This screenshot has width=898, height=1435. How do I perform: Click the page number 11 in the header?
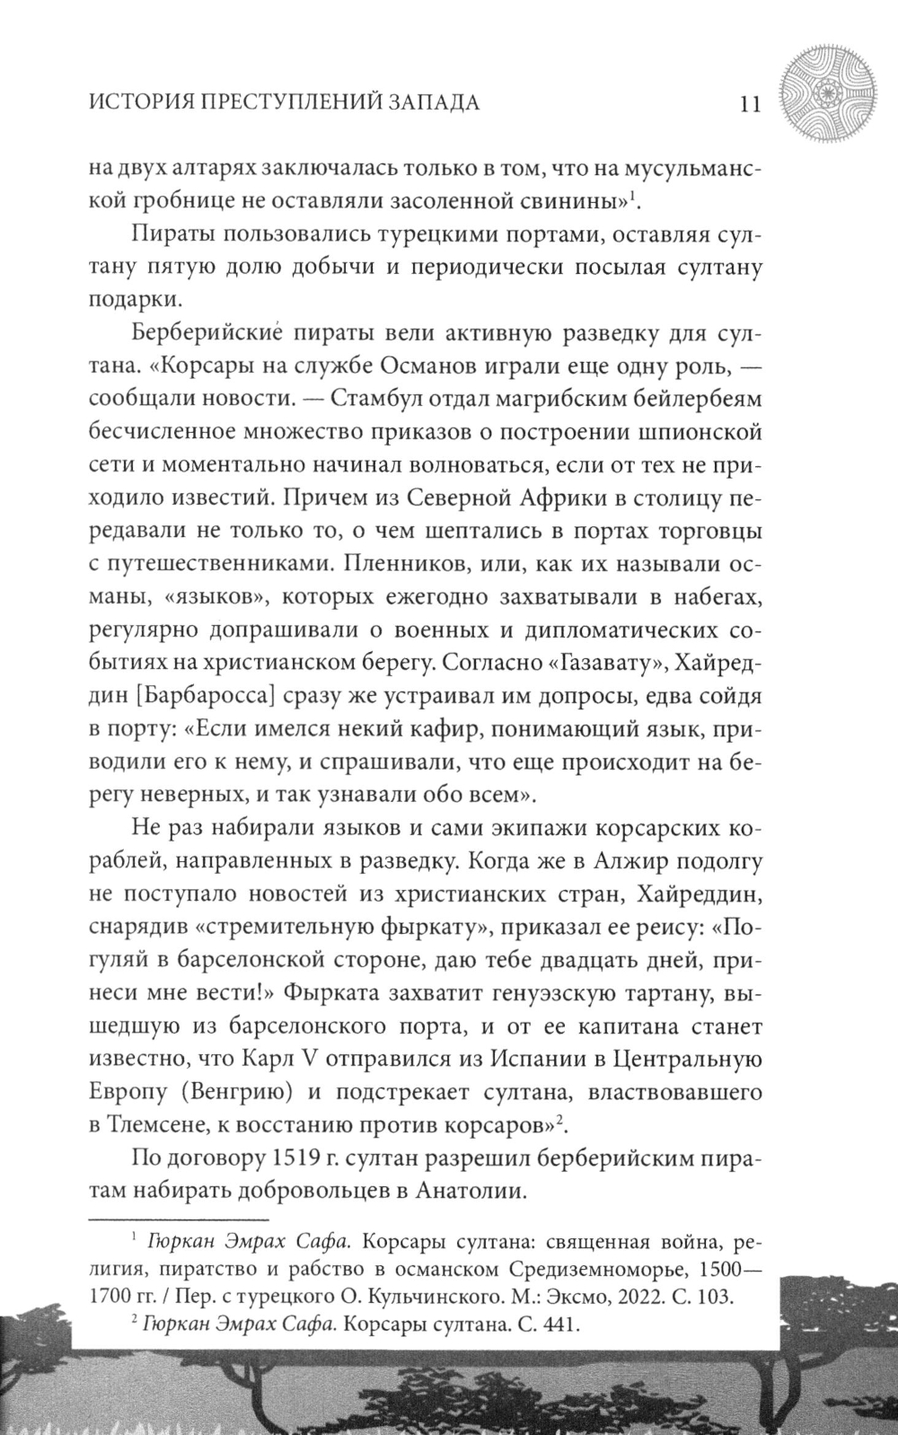click(x=745, y=103)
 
